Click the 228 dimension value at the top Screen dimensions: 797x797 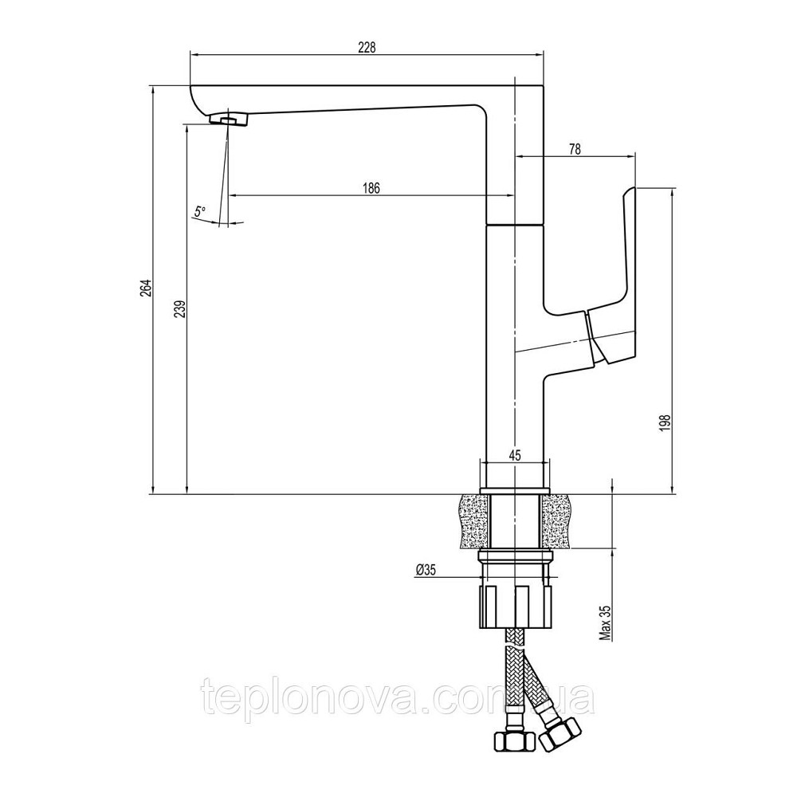click(366, 47)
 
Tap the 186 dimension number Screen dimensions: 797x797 click(371, 189)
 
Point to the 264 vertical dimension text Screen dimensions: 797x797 click(144, 290)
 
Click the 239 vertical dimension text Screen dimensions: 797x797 click(179, 309)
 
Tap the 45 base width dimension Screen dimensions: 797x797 click(514, 456)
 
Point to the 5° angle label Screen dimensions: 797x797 click(199, 211)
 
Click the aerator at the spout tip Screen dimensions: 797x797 click(230, 120)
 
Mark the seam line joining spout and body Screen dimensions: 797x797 click(515, 226)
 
